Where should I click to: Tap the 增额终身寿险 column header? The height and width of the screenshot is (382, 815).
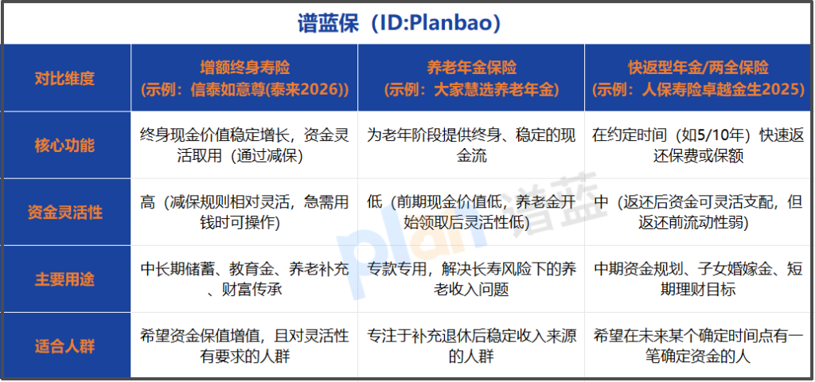[244, 78]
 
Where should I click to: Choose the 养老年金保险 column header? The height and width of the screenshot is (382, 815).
[471, 78]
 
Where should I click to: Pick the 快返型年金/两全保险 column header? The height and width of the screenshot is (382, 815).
[699, 78]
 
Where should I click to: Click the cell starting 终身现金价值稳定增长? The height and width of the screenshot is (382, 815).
[244, 146]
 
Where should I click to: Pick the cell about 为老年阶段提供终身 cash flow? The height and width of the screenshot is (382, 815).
[471, 146]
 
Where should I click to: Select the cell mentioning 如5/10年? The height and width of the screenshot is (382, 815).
[699, 146]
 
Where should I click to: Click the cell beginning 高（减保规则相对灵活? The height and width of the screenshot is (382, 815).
[244, 212]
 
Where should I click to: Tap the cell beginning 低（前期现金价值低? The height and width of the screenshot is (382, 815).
[471, 212]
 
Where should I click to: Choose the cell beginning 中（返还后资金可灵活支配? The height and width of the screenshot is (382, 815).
[699, 212]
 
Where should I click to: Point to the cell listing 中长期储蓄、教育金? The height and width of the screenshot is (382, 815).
[244, 279]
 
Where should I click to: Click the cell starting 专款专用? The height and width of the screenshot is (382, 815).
[471, 279]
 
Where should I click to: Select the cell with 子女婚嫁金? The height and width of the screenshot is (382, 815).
[699, 279]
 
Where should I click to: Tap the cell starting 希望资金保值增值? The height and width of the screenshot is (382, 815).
[244, 345]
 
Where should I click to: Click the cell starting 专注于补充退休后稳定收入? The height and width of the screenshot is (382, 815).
[471, 345]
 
